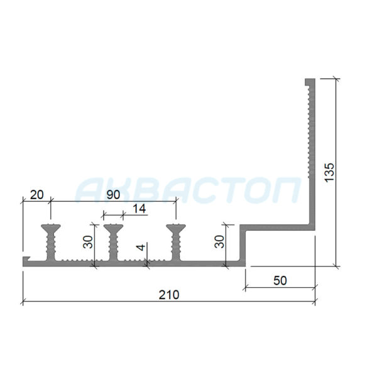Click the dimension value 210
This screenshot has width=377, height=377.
pos(169,295)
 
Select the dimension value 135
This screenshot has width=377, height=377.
pos(329,172)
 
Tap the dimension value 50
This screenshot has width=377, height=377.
pos(280,281)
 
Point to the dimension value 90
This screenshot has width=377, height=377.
pos(113,195)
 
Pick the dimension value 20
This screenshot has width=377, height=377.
pos(37,195)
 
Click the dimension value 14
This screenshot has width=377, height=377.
pos(139,209)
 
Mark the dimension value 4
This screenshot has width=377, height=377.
pos(141,247)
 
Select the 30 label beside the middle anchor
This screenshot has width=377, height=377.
pos(88,242)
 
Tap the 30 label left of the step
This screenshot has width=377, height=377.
pos(219,242)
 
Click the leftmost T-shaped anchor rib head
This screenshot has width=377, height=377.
pos(51,227)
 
